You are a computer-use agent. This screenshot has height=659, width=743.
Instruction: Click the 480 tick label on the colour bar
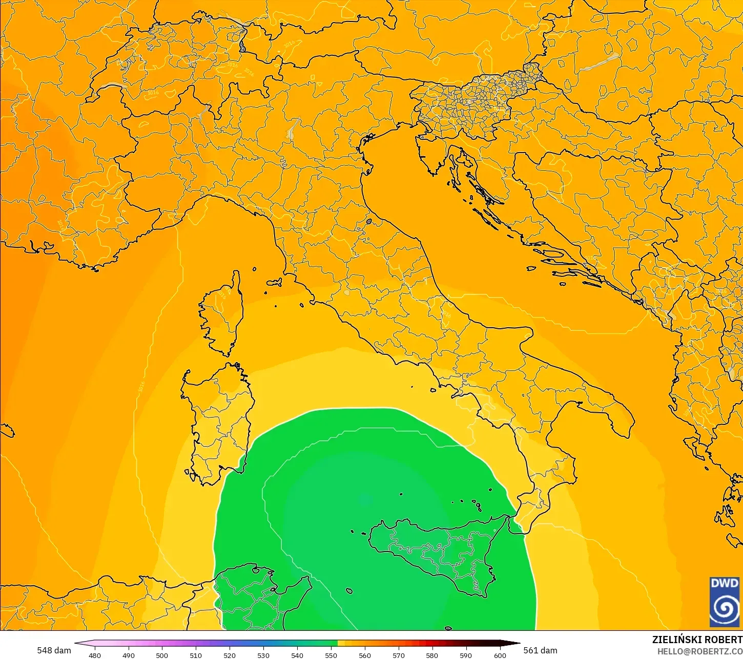pos(95,655)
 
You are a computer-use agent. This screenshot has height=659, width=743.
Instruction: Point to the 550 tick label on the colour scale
pos(331,655)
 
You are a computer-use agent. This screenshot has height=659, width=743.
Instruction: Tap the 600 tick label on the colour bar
pos(500,655)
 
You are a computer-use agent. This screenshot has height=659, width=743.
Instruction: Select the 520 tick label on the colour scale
pos(230,655)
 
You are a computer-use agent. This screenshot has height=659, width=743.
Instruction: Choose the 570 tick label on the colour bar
pos(398,655)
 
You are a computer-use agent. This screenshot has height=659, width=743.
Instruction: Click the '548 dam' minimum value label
pos(54,650)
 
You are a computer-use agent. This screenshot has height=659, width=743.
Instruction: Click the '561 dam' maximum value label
pos(541,650)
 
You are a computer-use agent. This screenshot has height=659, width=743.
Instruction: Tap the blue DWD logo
pos(725,602)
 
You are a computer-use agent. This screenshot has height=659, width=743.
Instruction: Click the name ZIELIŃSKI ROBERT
pos(697,640)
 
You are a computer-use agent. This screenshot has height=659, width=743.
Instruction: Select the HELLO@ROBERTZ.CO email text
pos(700,651)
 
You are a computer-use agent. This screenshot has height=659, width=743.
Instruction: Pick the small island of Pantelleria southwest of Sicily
pos(349,591)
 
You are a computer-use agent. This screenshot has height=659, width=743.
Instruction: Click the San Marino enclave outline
pos(369,222)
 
